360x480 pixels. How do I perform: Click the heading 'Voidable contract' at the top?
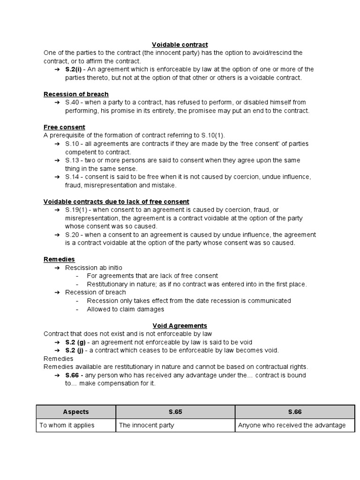pyautogui.click(x=180, y=45)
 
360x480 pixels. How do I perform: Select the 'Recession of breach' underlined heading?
pyautogui.click(x=76, y=94)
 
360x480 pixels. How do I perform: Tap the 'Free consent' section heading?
pyautogui.click(x=64, y=127)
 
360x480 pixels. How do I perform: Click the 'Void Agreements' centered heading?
pyautogui.click(x=180, y=325)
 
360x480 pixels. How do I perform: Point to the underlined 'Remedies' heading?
pyautogui.click(x=59, y=259)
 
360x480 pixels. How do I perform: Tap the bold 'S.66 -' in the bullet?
pyautogui.click(x=75, y=375)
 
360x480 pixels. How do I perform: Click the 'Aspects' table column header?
pyautogui.click(x=76, y=412)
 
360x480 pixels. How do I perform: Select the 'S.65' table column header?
pyautogui.click(x=175, y=412)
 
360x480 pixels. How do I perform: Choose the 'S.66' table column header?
pyautogui.click(x=295, y=412)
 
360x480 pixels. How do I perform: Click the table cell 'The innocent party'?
pyautogui.click(x=147, y=425)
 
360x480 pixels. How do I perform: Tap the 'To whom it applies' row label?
pyautogui.click(x=67, y=425)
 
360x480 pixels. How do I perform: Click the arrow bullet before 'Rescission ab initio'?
pyautogui.click(x=57, y=268)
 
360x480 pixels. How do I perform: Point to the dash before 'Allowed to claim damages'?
pyautogui.click(x=77, y=309)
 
